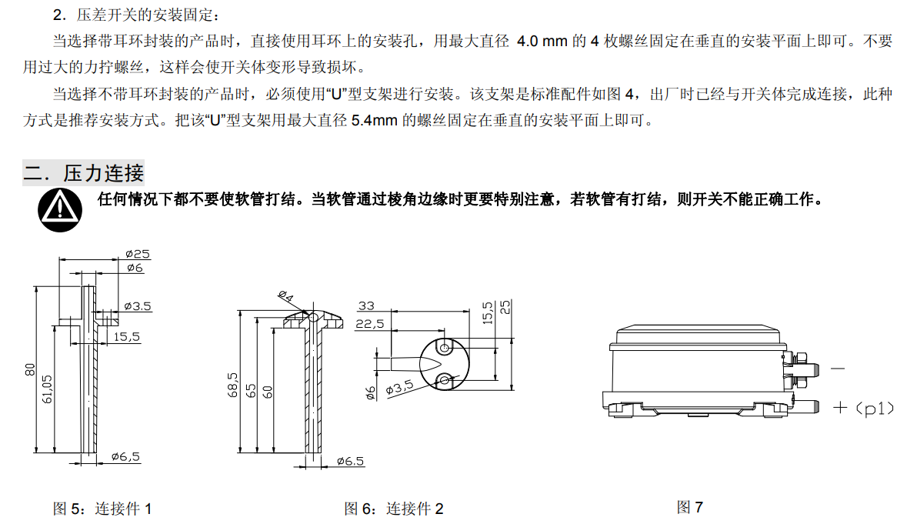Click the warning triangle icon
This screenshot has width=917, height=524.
60,209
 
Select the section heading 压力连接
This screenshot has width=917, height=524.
104,173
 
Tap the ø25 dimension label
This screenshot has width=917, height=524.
138,254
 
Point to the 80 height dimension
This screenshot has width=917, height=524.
30,369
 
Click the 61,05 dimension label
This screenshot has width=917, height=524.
48,389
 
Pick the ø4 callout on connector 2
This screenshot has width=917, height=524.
285,296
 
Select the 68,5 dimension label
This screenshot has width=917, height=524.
233,385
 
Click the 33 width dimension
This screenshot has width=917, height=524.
366,306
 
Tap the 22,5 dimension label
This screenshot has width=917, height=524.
369,324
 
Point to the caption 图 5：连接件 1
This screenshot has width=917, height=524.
102,509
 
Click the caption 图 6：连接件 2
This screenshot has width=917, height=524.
394,509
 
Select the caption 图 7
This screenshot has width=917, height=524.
689,507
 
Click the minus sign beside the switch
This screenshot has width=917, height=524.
838,369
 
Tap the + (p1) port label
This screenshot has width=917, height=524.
863,409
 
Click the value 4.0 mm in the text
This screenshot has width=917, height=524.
542,41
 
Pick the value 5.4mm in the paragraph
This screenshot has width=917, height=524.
375,121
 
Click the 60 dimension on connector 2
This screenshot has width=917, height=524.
268,392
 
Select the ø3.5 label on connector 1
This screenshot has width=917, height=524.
138,306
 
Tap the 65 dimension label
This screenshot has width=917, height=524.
250,391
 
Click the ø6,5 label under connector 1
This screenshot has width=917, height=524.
125,457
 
